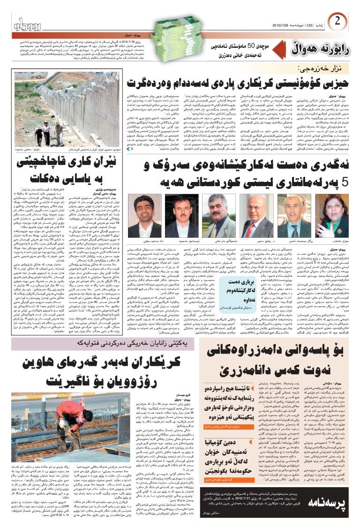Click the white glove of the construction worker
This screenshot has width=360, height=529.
click(x=62, y=424)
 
